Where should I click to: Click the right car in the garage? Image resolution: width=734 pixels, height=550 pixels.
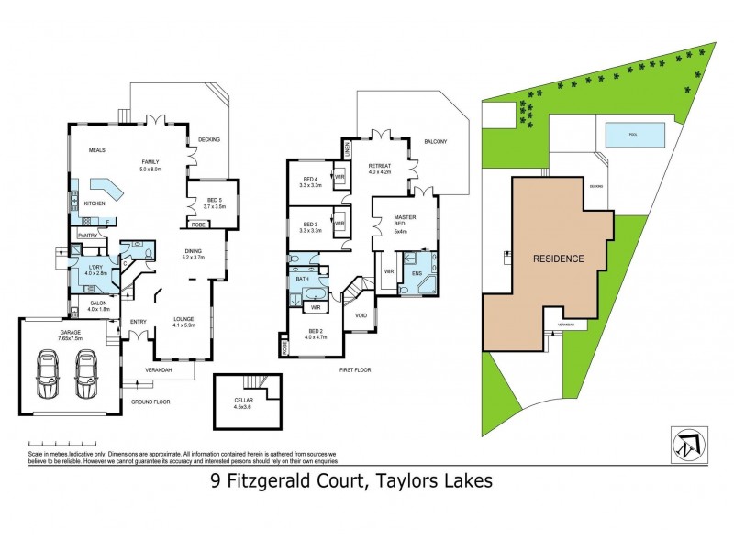pyautogui.click(x=85, y=373)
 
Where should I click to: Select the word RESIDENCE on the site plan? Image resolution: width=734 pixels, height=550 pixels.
pyautogui.click(x=558, y=258)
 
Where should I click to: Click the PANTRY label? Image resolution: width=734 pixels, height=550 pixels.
pyautogui.click(x=88, y=236)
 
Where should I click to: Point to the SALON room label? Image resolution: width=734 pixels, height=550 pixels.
pyautogui.click(x=97, y=304)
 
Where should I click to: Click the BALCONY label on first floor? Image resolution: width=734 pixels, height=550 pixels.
pyautogui.click(x=435, y=141)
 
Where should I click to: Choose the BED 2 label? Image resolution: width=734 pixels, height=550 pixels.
pyautogui.click(x=316, y=333)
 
